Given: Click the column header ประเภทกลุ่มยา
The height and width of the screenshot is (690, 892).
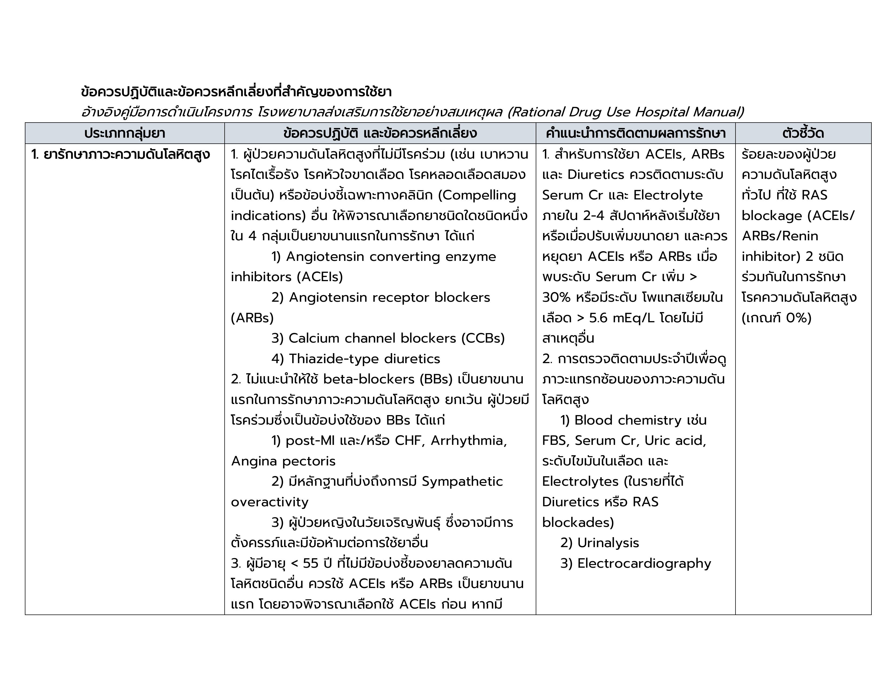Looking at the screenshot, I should pos(125,133).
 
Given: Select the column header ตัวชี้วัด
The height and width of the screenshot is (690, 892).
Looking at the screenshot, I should pos(803,133).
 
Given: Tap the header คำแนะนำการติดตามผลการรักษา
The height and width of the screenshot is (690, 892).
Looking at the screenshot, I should pos(635,133).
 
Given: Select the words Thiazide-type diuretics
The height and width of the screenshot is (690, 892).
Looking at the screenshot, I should pos(364,359).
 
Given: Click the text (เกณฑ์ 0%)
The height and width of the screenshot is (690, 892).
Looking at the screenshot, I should pos(776,318).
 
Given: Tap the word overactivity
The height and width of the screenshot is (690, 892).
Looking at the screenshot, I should pos(269,502).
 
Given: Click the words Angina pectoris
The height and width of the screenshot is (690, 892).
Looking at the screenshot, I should pos(283,461).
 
